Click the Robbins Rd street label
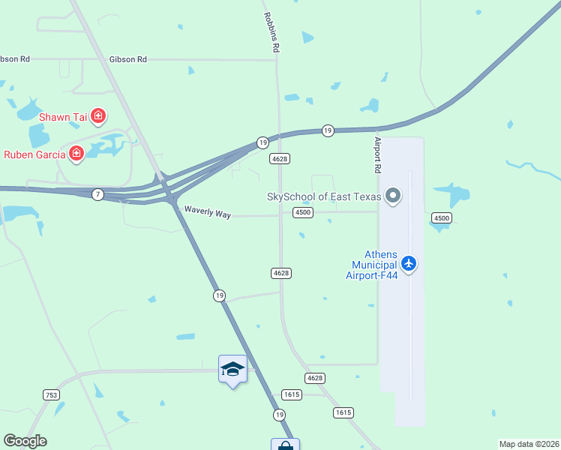271,32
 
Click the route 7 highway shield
97,195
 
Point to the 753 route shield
51,394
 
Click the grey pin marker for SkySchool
393,197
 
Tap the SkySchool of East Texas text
323,197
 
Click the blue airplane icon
408,263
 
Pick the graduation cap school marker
232,369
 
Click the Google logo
25,441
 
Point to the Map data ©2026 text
529,444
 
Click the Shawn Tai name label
63,117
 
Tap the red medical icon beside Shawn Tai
98,116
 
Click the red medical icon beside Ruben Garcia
76,154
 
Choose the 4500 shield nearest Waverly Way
303,213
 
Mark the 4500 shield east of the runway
441,217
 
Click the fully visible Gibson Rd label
127,58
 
